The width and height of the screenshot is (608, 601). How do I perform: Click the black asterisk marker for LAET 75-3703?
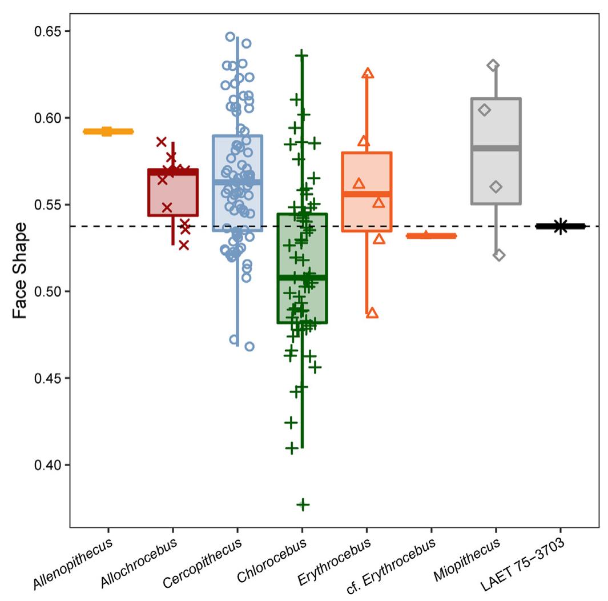point(560,227)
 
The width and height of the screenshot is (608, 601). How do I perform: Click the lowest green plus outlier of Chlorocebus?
point(303,504)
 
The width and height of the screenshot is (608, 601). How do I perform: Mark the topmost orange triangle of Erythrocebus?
point(368,73)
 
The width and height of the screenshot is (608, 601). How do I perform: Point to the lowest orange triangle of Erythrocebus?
point(372,312)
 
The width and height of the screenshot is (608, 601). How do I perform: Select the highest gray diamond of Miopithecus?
point(493,65)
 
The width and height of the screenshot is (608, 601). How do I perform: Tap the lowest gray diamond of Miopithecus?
point(499,255)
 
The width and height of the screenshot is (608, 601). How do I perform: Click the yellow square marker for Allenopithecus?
point(107,131)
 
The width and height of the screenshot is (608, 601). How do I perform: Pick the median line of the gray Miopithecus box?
point(496,148)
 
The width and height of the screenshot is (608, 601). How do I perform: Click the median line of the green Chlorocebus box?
point(301,277)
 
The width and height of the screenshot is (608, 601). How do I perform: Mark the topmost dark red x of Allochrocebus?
point(162,142)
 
